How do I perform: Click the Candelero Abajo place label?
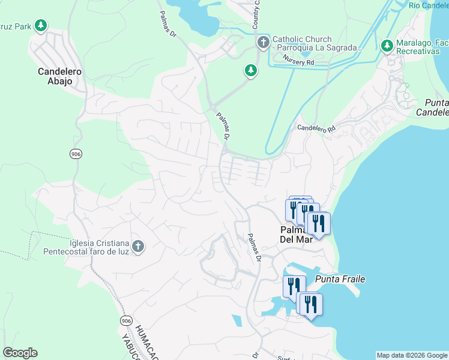pos(55,76)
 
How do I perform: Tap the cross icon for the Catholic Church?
pos(263,43)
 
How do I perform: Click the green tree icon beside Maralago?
pos(387,45)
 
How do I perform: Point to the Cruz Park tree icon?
pos(41,25)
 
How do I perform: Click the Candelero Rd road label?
pos(318,128)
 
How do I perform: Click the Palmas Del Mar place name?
pos(296,234)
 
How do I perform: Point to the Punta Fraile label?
pos(340,279)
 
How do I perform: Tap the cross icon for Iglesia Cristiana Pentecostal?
pos(137,247)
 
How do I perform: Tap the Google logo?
pos(20,353)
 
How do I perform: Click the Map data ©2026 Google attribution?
pos(412,355)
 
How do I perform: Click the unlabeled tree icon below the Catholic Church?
pos(251,71)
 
